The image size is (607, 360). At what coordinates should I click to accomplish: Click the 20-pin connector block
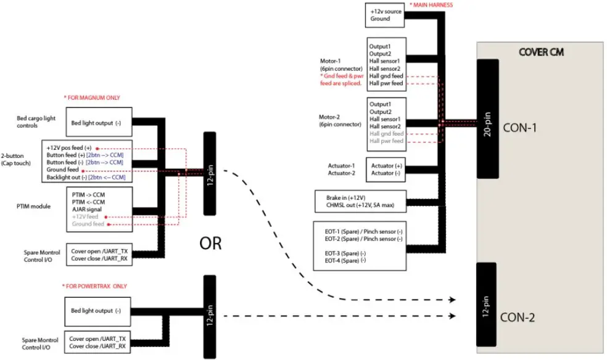[x=488, y=123]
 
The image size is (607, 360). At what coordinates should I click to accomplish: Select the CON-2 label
[x=518, y=318]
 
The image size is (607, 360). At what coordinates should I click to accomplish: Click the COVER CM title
[x=541, y=52]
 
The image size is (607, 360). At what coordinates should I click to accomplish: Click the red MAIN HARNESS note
[x=431, y=5]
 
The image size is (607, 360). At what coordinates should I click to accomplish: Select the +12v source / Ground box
[x=386, y=15]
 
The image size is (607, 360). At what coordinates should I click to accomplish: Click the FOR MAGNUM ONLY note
[x=92, y=97]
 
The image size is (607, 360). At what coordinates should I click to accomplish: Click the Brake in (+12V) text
[x=345, y=197]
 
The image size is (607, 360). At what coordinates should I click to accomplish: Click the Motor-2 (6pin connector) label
[x=339, y=120]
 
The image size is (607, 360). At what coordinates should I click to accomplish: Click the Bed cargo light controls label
[x=38, y=121]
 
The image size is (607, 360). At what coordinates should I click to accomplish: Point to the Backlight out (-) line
[x=86, y=177]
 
